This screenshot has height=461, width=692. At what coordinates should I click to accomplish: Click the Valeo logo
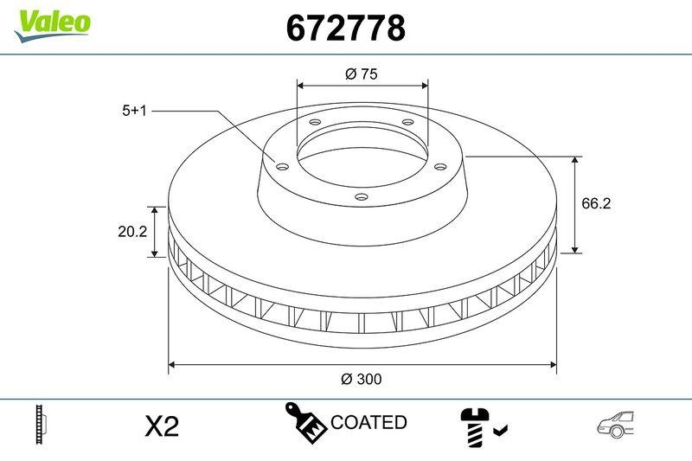52,22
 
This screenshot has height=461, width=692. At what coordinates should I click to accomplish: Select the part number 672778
345,29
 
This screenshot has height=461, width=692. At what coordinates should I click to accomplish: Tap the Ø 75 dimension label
362,74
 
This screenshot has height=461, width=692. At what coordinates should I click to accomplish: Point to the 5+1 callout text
137,111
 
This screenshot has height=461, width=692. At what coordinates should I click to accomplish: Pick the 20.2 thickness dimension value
131,232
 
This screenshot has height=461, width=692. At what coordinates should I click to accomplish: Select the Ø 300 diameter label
362,379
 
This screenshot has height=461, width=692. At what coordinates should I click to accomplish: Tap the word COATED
368,422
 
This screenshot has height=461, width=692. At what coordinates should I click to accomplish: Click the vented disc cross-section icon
42,424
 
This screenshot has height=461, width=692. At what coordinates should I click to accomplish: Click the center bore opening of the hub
362,160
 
